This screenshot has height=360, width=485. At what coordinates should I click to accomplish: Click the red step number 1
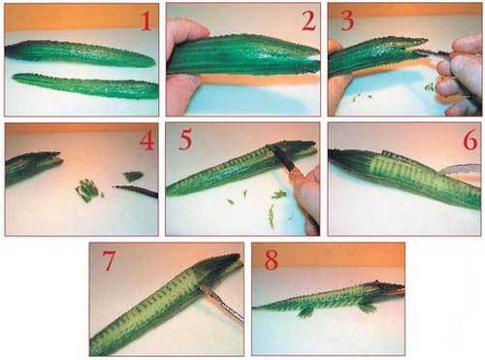pos(146,21)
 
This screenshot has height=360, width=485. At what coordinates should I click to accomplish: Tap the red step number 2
pos(308,21)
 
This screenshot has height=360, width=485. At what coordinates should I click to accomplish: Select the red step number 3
pos(347,21)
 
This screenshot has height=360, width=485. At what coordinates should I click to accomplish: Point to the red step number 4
pos(147,141)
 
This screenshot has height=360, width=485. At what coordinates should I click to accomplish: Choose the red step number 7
pos(109,261)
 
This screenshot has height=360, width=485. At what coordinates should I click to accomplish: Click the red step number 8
pos(271,261)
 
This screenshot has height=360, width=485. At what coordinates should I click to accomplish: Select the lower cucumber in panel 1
pos(85,86)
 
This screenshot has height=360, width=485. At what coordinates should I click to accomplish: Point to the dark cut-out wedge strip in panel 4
pos(135,191)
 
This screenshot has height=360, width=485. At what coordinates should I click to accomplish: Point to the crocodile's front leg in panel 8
pos(367,306)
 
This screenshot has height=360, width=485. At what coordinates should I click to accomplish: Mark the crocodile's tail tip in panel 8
pos(255,308)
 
